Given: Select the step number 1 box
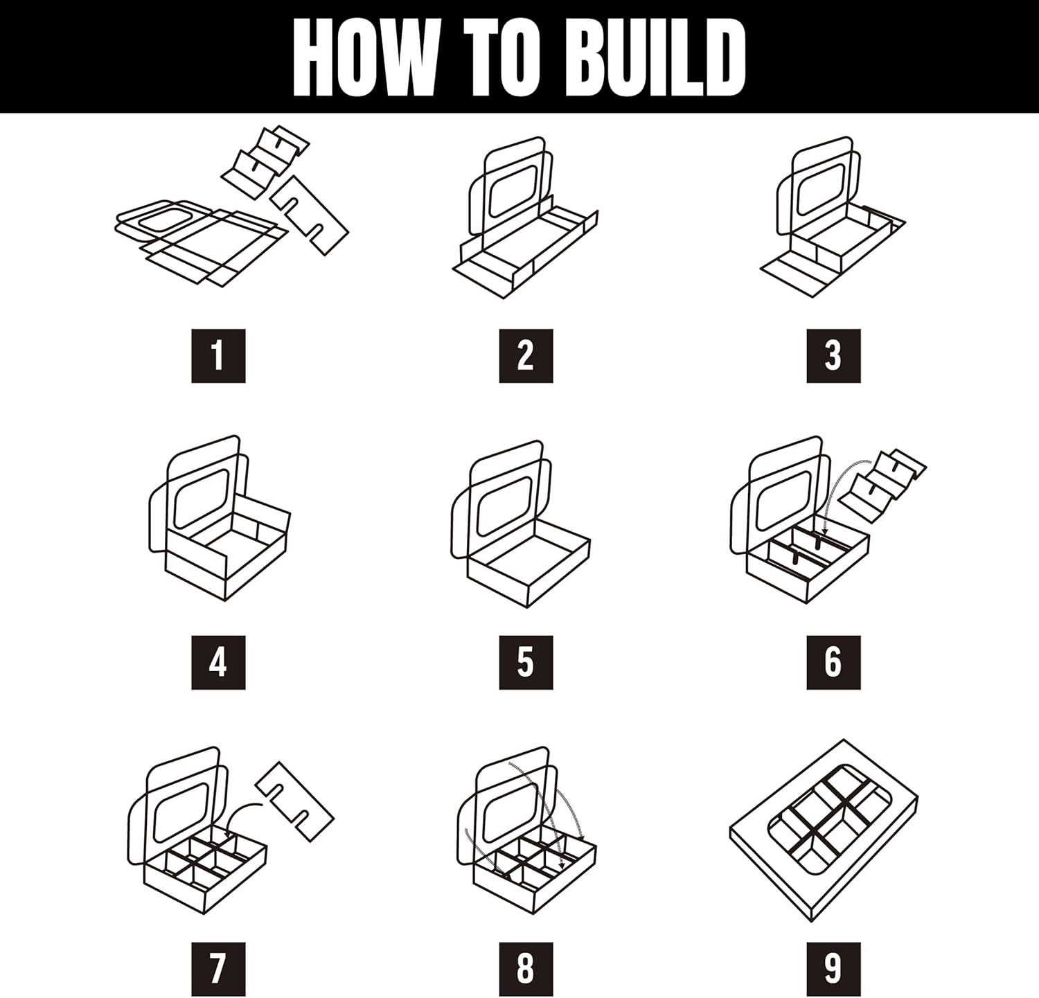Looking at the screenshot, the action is (218, 356).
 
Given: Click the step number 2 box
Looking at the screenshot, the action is (526, 356).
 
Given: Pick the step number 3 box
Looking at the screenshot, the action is (833, 356).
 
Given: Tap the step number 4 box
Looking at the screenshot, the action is (218, 662).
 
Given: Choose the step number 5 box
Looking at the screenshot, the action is (526, 662).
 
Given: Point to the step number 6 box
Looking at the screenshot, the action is (833, 662).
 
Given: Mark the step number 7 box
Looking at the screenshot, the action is (218, 969).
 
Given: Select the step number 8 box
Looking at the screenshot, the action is (526, 969).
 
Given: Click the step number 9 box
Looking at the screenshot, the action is (833, 969).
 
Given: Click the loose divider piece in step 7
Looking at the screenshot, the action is (295, 801).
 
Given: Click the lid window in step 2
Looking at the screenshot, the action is (513, 190).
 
